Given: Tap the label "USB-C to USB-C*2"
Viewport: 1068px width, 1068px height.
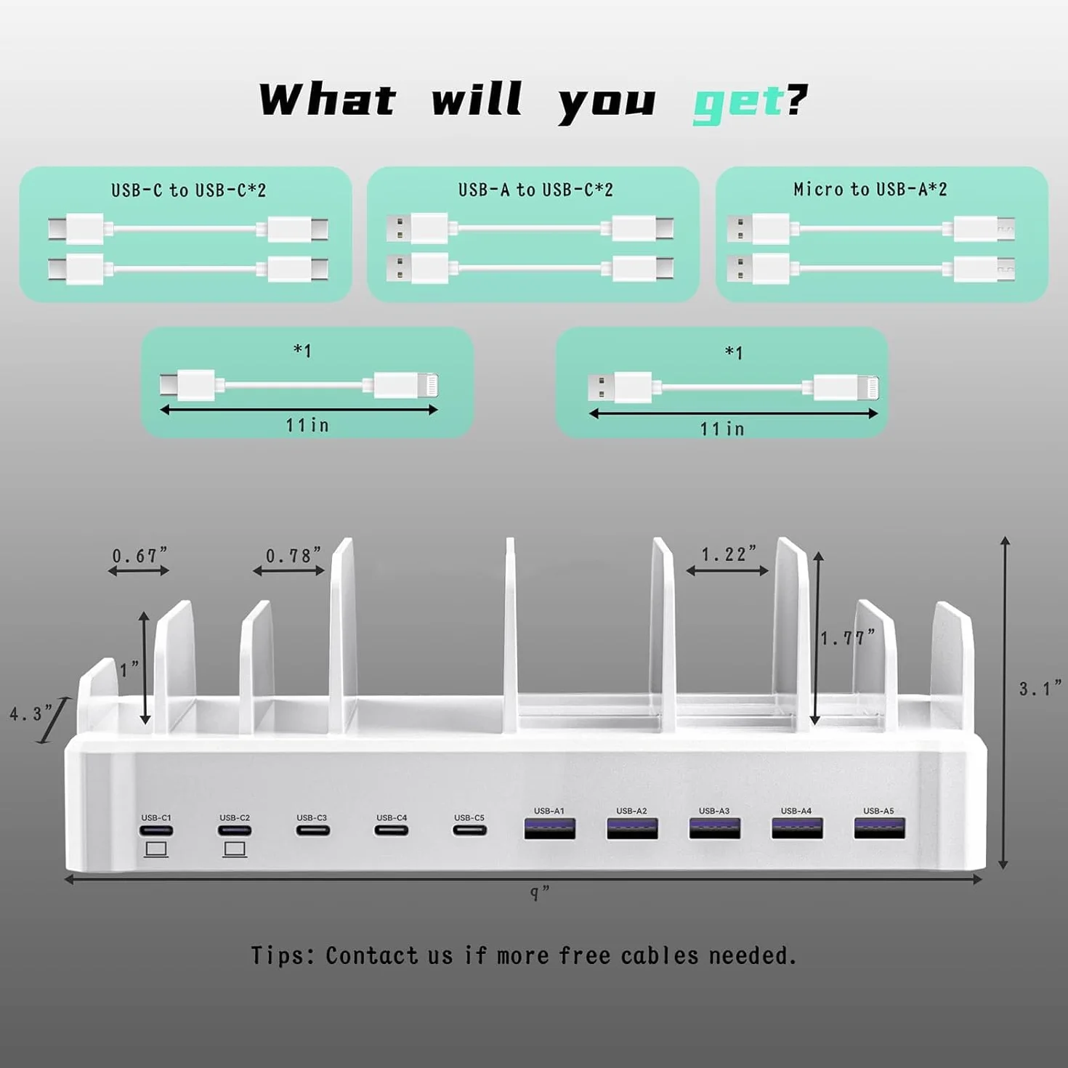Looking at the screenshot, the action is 188,190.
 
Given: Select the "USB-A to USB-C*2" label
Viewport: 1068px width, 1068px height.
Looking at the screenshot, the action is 535,190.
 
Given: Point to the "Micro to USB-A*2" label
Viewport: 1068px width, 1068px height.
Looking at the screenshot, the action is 870,190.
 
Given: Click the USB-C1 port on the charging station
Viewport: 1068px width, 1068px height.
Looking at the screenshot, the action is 155,830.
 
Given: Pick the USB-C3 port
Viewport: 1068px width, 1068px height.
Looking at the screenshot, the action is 312,830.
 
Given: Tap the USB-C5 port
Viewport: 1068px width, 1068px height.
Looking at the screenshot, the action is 469,830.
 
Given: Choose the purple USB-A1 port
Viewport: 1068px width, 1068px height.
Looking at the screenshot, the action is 549,828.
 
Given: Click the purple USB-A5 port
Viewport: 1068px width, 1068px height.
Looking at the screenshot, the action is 879,828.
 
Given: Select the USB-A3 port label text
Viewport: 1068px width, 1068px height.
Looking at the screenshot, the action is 714,811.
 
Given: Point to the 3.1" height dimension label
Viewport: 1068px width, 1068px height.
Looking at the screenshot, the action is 1040,689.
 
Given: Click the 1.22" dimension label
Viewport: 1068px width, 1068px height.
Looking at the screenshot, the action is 728,554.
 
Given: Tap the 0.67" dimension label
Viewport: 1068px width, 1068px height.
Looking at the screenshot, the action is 139,555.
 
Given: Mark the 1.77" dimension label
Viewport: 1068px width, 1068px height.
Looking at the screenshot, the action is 847,638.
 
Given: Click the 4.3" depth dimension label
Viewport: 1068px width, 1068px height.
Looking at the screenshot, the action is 31,713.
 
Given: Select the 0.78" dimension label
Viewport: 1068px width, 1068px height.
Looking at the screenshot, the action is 294,555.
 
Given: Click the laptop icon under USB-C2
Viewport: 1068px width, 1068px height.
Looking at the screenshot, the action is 235,849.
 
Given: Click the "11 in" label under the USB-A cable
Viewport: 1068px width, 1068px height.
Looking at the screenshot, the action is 721,429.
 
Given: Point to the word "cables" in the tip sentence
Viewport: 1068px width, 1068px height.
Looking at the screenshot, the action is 660,956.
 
